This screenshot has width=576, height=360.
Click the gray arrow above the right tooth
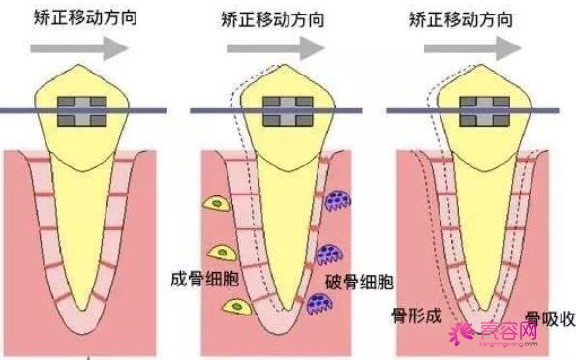(x=477, y=45)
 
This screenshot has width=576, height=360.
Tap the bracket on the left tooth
(x=87, y=112)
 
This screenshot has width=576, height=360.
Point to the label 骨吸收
(x=547, y=319)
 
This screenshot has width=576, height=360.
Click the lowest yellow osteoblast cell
(x=235, y=306)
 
